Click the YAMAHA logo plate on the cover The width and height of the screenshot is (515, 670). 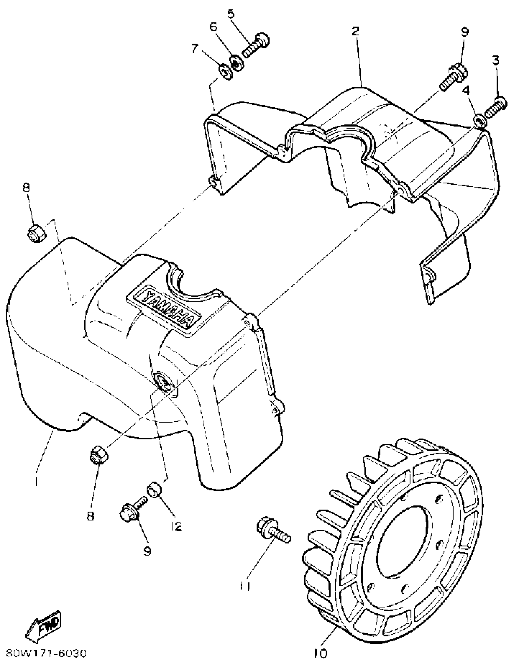point(164,310)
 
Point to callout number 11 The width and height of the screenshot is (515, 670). point(245,586)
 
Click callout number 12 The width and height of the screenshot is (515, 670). point(176,526)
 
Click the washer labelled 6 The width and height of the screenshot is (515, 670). point(236,63)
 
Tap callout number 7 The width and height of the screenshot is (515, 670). point(195,48)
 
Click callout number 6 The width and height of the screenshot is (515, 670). point(214,27)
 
